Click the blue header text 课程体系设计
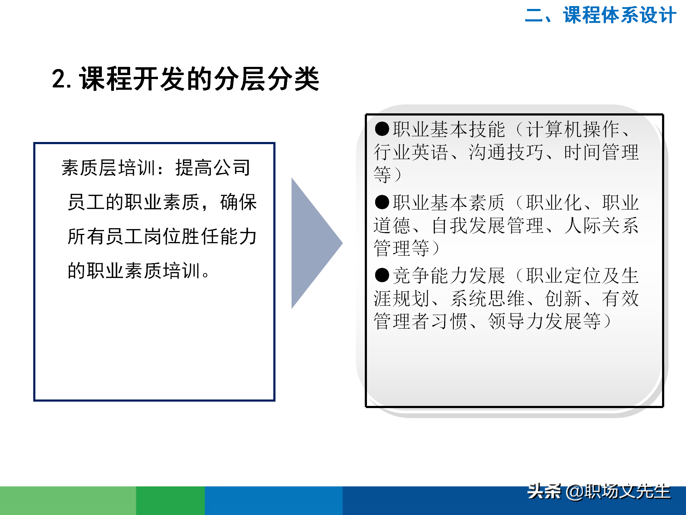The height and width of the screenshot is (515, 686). pyautogui.click(x=620, y=16)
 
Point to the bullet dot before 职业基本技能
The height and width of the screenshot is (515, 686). pyautogui.click(x=382, y=129)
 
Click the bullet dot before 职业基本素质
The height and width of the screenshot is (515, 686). pyautogui.click(x=382, y=202)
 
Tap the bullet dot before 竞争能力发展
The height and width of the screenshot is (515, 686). pyautogui.click(x=382, y=275)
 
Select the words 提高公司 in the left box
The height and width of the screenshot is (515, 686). pyautogui.click(x=213, y=168)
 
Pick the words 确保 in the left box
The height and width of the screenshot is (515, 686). pyautogui.click(x=238, y=202)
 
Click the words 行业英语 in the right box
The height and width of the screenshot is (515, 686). pyautogui.click(x=411, y=152)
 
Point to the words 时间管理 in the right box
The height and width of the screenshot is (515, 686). pyautogui.click(x=601, y=152)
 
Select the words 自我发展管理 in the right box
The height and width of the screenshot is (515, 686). pyautogui.click(x=488, y=226)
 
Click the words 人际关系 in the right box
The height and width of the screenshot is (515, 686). pyautogui.click(x=601, y=226)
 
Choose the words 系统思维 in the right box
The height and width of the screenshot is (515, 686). pyautogui.click(x=488, y=299)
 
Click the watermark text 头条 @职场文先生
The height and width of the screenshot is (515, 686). pyautogui.click(x=599, y=492)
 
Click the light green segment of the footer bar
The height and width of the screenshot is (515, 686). pyautogui.click(x=68, y=501)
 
